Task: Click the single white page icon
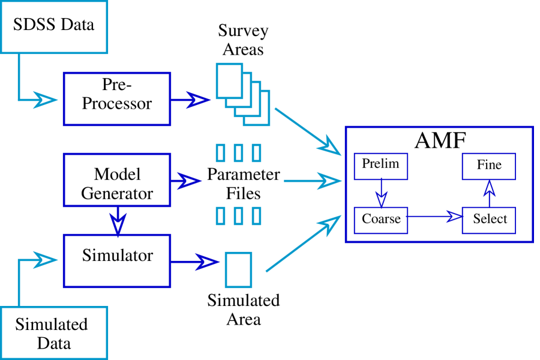coord(238,270)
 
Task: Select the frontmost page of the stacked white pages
coord(229,80)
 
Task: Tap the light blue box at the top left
coord(54,27)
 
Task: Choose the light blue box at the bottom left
coord(54,333)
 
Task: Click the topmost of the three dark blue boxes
coord(116,99)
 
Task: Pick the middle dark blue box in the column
coord(116,180)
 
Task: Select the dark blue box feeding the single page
coord(116,261)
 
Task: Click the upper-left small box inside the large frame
coord(380,166)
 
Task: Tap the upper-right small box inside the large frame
coord(488,166)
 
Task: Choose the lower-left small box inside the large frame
coord(380,220)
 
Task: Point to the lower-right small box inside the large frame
coord(488,220)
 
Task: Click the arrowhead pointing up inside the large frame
coord(489,188)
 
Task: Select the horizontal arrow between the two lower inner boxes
coord(435,216)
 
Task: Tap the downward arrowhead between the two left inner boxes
coord(381,199)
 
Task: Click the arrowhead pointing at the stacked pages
coord(198,100)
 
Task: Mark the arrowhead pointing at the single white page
coord(208,262)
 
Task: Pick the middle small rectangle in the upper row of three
coord(238,153)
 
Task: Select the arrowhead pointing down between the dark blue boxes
coord(118,225)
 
